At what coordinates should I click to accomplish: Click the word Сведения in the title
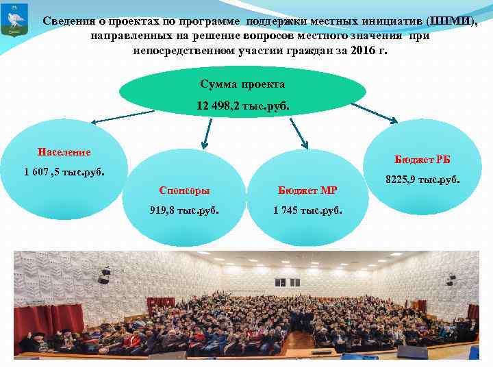[68, 21]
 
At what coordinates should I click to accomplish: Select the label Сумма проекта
[242, 84]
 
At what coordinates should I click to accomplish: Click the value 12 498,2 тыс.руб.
[242, 106]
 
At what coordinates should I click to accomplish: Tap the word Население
[64, 151]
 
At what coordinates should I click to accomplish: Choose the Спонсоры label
[184, 190]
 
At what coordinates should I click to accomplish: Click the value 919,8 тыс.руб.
[184, 210]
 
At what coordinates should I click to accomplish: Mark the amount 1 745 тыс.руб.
[308, 210]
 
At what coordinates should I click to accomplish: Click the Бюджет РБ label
[422, 160]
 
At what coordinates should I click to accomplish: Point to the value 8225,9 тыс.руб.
[422, 180]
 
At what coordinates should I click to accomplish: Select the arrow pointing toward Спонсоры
[207, 133]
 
